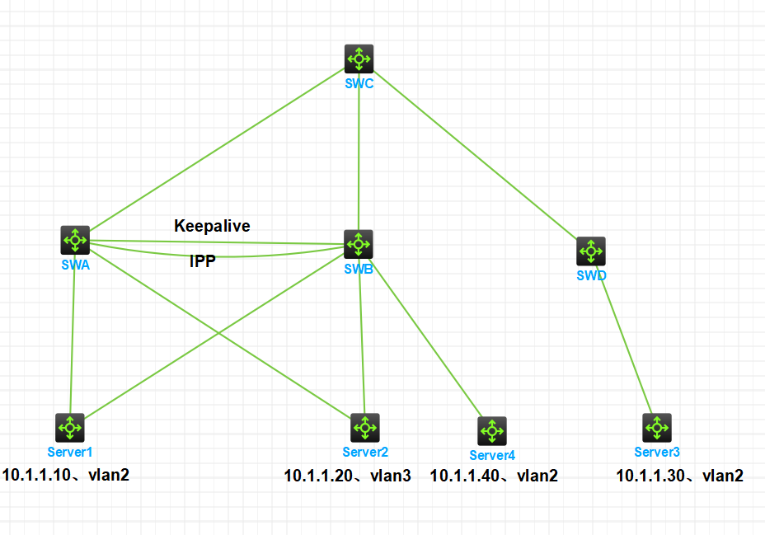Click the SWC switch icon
pos(359,59)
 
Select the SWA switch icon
pos(75,240)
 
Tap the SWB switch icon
pos(359,244)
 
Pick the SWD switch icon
pos(591,251)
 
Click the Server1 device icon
pos(70,427)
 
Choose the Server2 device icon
pos(364,427)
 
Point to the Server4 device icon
pos(492,431)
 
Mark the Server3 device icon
pos(657,427)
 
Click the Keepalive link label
pos(212,225)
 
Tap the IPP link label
pos(203,262)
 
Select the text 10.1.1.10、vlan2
pos(66,475)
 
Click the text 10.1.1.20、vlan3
pos(347,476)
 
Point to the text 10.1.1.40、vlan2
pos(494,476)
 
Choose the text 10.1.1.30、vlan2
pos(680,476)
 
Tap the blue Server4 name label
pos(492,455)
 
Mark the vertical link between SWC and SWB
pos(359,157)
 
